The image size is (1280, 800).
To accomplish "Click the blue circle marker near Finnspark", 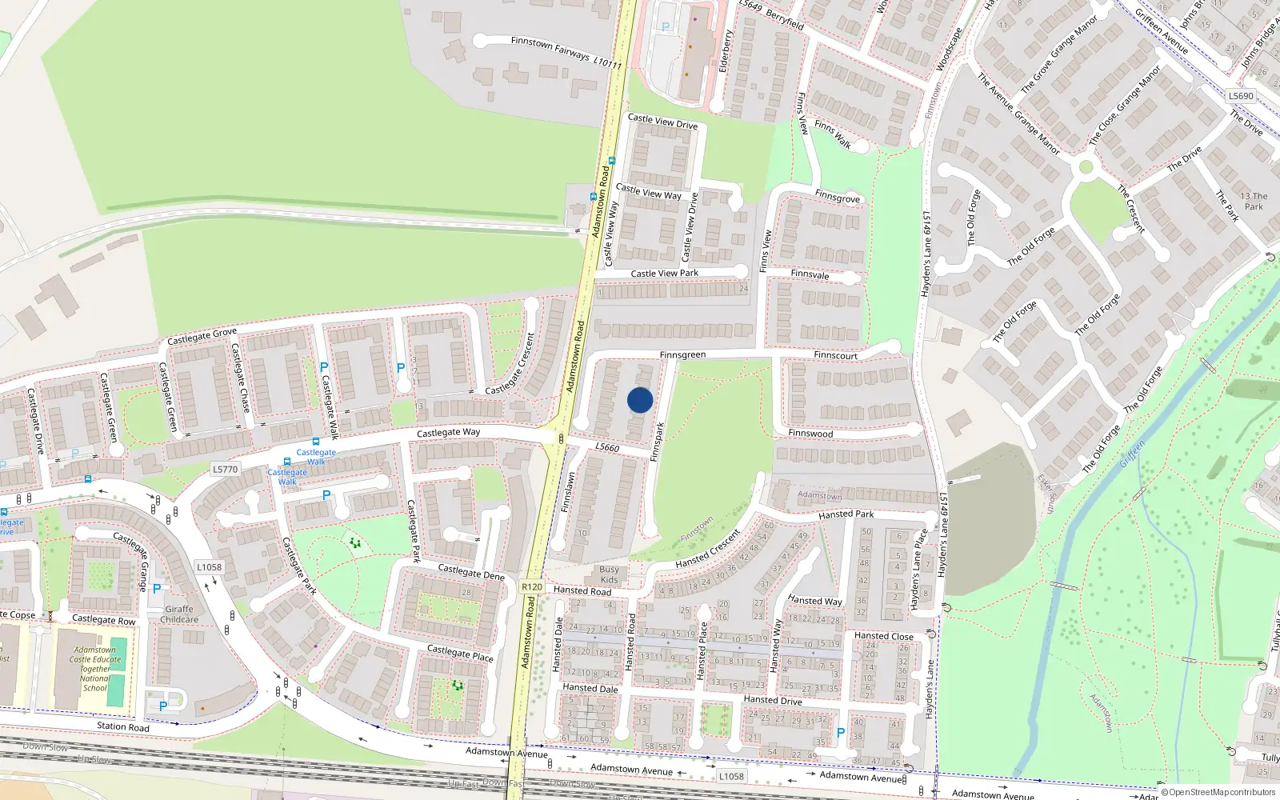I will tap(640, 400).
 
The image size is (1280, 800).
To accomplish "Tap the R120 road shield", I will tap(532, 586).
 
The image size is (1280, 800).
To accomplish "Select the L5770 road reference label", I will tap(226, 470).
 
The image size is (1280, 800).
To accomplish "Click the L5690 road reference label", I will tap(1241, 96).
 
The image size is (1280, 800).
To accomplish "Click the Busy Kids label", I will tap(609, 574).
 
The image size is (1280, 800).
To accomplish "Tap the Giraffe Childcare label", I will tap(179, 614).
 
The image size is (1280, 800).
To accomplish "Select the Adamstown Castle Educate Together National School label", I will tap(94, 669).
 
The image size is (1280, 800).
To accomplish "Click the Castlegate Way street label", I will tap(448, 433).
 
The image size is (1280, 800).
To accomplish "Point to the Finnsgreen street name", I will tap(682, 354).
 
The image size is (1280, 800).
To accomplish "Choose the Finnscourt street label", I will tap(835, 355).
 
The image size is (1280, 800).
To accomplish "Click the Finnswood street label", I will tap(810, 434).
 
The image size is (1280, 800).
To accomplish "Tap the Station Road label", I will tap(122, 726).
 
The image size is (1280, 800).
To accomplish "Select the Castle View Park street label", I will tap(664, 274).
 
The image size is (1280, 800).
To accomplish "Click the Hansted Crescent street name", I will tap(707, 549).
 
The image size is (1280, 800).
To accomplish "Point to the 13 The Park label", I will tap(1254, 201).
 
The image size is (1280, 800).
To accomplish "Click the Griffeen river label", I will tap(1133, 454).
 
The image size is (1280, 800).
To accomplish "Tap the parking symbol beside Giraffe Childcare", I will tap(157, 588).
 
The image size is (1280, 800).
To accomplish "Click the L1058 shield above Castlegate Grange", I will tap(209, 567).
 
